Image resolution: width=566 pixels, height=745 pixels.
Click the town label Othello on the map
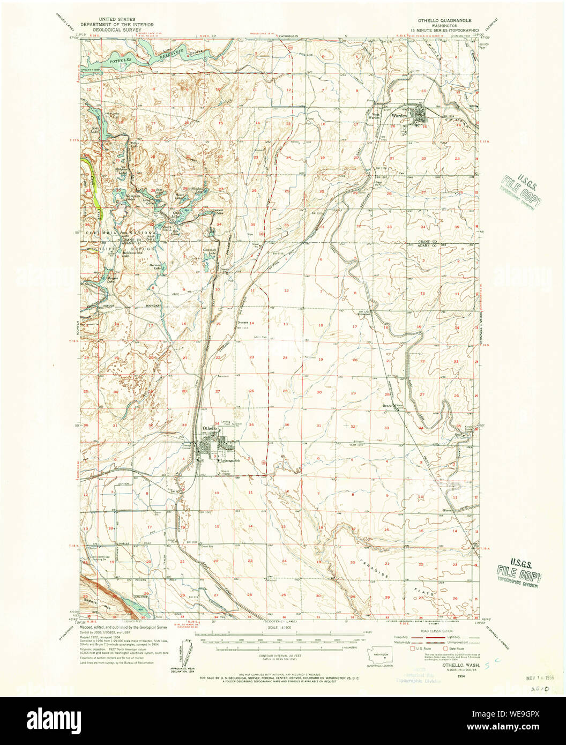click(210, 428)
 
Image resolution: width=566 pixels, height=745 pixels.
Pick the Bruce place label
click(387, 406)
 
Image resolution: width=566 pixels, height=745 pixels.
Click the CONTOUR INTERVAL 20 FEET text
click(280, 659)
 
